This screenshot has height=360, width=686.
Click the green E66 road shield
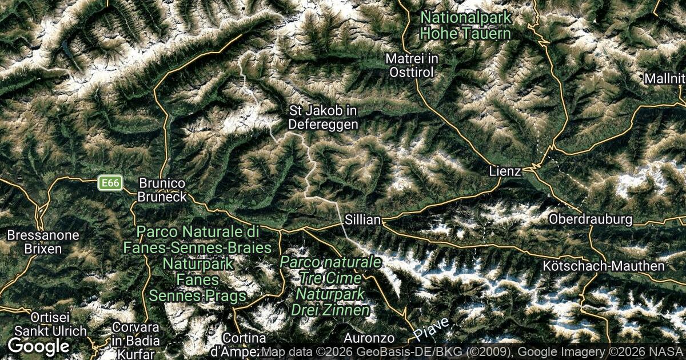110,183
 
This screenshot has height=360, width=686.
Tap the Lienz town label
505,171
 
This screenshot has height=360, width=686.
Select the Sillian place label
362,219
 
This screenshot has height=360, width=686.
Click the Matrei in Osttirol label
411,65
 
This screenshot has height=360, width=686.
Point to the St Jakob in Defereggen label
324,117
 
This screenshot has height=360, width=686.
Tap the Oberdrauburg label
591,219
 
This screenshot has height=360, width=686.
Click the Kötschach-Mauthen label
604,266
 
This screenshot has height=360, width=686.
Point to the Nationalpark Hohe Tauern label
465,25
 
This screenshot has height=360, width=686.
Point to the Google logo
38,346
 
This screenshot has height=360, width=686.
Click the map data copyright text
472,352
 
